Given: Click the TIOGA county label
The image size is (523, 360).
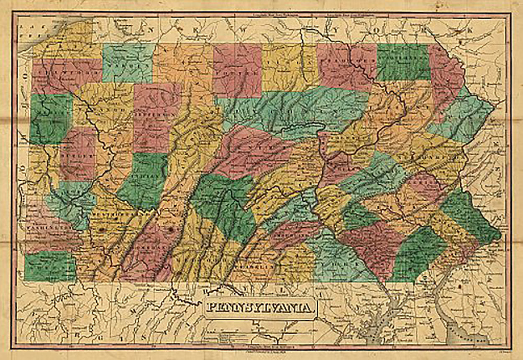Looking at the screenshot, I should [289, 67].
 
